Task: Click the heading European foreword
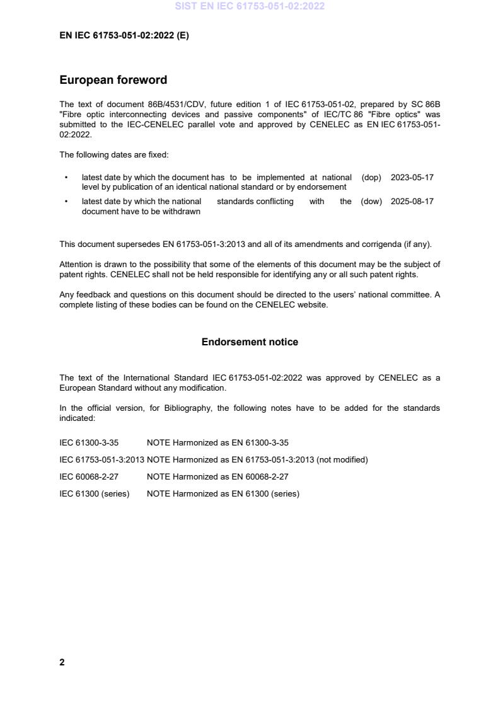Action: coord(113,80)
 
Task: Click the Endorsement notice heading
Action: coord(250,342)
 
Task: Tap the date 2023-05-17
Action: coord(412,178)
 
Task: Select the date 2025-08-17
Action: coord(412,202)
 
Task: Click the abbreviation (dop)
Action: coord(371,178)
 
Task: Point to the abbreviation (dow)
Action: coord(371,202)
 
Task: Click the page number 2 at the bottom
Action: coord(62,662)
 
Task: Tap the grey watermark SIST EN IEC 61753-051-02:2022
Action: coord(250,7)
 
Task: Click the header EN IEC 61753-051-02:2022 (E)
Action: coord(124,36)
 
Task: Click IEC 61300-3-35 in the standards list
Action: coord(89,442)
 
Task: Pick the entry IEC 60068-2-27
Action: coord(89,476)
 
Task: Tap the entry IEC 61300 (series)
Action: coord(94,493)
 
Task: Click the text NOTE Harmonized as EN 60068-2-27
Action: coord(218,476)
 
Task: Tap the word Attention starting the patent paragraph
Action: coord(76,264)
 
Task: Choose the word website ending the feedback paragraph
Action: coord(313,306)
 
